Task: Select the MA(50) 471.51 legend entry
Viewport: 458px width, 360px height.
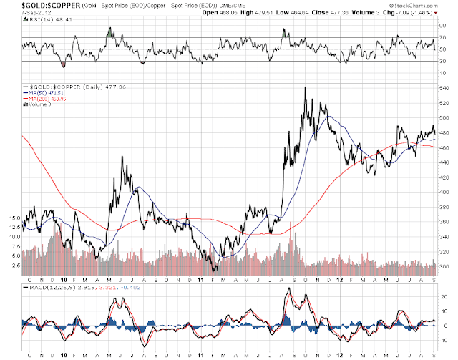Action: [x=45, y=92]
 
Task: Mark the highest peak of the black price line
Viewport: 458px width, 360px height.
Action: [x=306, y=88]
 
